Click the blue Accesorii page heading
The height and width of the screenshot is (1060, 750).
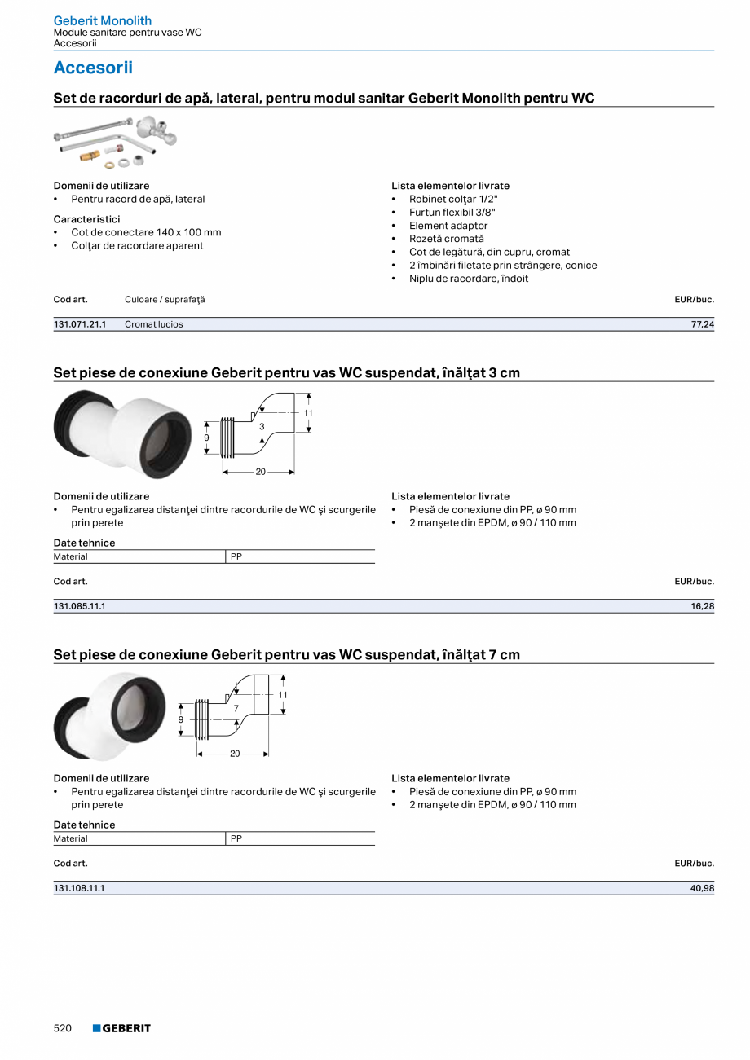[x=93, y=68]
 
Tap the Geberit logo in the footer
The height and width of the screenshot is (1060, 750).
[x=121, y=1028]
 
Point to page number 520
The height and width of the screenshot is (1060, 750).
[x=63, y=1028]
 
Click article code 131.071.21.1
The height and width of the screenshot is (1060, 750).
[x=80, y=324]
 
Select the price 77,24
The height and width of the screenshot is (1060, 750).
[x=702, y=324]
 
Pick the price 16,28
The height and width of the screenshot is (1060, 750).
[x=702, y=606]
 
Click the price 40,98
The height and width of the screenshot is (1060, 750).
[x=702, y=888]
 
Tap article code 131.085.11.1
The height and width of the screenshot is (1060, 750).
[x=80, y=606]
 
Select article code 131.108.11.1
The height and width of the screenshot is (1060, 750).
[x=80, y=888]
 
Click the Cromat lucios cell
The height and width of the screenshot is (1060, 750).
[x=154, y=324]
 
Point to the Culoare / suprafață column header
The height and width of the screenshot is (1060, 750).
[x=165, y=300]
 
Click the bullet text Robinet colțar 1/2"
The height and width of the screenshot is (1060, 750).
[x=453, y=199]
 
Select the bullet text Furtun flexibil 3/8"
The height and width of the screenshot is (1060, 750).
[x=452, y=213]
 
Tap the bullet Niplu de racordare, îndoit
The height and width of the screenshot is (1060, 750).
[x=469, y=279]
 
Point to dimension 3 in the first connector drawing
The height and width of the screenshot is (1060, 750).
[x=262, y=426]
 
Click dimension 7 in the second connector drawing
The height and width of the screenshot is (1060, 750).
[x=236, y=708]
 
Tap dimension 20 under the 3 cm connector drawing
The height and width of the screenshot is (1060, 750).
[x=261, y=472]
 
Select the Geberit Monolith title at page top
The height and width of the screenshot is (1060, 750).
[x=103, y=20]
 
